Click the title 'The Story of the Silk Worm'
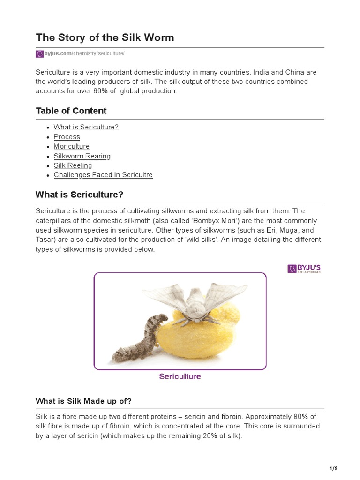coord(105,38)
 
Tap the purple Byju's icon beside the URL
coord(39,54)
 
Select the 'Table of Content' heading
coord(71,111)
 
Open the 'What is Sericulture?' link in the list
coord(86,127)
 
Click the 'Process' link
coord(67,137)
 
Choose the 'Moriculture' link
coord(71,146)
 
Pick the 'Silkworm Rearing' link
coord(82,156)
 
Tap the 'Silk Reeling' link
coord(73,165)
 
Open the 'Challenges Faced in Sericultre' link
coord(103,175)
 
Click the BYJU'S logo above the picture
coord(304,269)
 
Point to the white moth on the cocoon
coord(194,300)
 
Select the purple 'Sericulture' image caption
coord(180,376)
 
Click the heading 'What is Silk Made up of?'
coord(84,401)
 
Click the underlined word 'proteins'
coord(163,417)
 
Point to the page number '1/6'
coord(334,468)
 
